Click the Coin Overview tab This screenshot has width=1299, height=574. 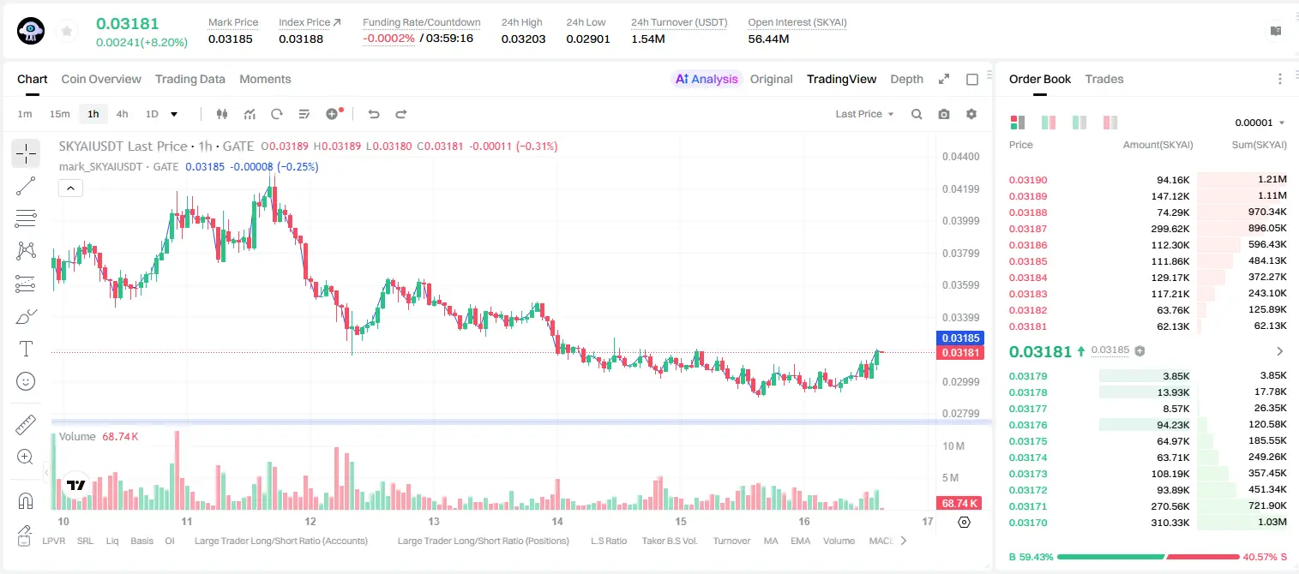tap(101, 79)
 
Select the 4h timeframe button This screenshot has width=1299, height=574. tap(122, 114)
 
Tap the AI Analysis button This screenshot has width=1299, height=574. tap(707, 79)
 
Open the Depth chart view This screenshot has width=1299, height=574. tap(906, 79)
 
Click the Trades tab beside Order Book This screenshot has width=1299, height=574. tap(1104, 79)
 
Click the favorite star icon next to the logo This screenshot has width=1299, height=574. tap(67, 32)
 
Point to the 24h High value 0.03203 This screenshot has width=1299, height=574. tap(523, 39)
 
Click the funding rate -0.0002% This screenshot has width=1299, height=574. tap(388, 39)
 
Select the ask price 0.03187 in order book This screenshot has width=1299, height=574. tap(1027, 229)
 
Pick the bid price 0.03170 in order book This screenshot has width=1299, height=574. tap(1027, 523)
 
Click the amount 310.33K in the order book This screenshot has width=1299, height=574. tap(1170, 523)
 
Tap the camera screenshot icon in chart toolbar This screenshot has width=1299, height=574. tap(944, 114)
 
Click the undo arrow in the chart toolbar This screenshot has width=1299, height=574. tap(374, 114)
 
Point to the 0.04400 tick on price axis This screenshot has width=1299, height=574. tap(960, 157)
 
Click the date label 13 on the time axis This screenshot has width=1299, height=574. tap(434, 521)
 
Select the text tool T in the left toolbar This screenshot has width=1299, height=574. tap(26, 349)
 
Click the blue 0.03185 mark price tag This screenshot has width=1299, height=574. tap(959, 338)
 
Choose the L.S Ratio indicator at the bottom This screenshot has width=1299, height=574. tap(608, 541)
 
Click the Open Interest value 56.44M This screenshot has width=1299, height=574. tap(767, 39)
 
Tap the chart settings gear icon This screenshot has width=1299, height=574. tap(971, 114)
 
